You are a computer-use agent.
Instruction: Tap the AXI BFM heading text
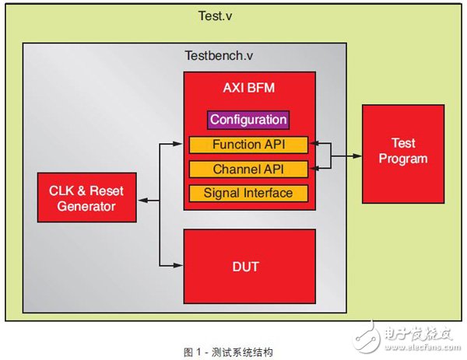click(248, 89)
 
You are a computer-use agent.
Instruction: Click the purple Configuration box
click(248, 120)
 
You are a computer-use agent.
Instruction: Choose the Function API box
click(248, 145)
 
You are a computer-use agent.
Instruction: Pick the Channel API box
click(248, 169)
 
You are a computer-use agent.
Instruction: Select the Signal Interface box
click(248, 193)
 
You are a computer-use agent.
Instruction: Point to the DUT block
click(248, 266)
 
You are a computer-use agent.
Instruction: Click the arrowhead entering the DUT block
click(179, 266)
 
